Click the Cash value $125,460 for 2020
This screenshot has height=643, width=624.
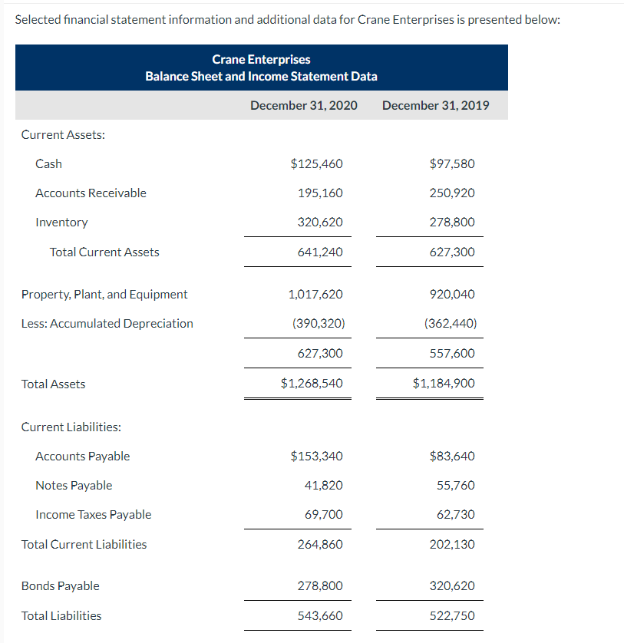(x=317, y=163)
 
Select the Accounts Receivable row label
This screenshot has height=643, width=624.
(x=91, y=193)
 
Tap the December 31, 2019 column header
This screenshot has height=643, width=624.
(x=435, y=105)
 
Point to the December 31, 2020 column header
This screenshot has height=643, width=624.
(x=304, y=105)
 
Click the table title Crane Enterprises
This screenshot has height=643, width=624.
(x=261, y=59)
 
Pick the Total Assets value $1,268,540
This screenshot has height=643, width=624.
(x=312, y=383)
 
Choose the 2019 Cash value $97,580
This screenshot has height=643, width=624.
(x=453, y=163)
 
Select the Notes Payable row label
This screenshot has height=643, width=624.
(x=74, y=485)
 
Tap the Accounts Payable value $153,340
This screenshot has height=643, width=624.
(x=317, y=456)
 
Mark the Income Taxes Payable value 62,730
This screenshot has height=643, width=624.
(x=456, y=514)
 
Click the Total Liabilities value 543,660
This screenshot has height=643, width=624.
(x=320, y=615)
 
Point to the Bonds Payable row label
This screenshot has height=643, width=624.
(x=60, y=585)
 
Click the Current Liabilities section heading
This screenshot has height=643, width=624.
(x=71, y=427)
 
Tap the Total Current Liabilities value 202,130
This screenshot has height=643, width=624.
(x=453, y=544)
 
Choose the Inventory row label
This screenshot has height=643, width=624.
(x=61, y=222)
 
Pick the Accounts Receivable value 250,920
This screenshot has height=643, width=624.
(x=453, y=193)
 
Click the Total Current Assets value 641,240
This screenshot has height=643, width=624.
(x=320, y=252)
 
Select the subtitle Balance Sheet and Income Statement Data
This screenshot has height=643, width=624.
(x=261, y=76)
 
